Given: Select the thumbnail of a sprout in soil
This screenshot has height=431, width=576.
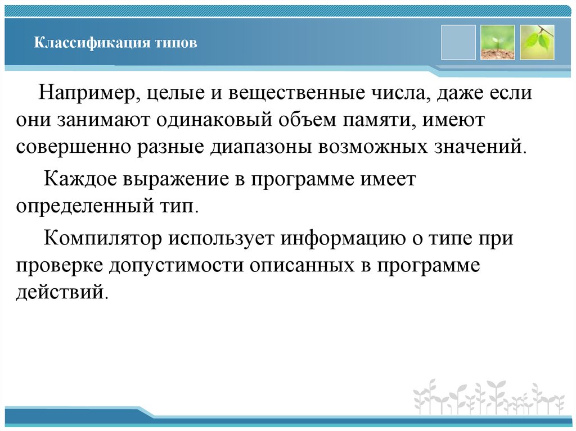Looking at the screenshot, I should tap(497, 42).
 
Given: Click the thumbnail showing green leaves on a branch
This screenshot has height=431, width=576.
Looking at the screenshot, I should tap(537, 42).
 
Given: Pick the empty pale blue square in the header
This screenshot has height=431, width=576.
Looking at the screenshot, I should tap(458, 42).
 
